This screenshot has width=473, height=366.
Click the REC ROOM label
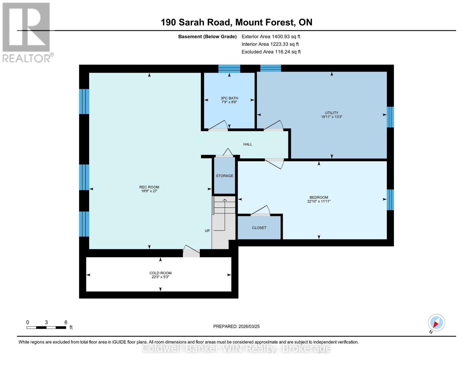149,187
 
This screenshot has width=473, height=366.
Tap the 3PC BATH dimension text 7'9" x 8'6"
229,102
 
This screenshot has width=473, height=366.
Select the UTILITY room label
332,113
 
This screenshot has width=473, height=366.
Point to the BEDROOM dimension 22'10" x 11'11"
319,201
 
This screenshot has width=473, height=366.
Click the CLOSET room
259,228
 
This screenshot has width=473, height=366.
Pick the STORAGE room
224,176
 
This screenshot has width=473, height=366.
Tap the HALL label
248,144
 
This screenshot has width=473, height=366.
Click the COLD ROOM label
160,273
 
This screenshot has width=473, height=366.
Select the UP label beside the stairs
207,231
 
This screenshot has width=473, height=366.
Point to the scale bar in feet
46,328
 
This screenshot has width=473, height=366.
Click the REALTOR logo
26,32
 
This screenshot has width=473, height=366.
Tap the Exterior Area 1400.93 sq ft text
271,37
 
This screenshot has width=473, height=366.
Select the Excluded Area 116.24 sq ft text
271,52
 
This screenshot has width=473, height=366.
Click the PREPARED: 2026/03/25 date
236,326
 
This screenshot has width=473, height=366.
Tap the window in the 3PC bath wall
229,69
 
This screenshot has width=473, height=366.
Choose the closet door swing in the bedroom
261,211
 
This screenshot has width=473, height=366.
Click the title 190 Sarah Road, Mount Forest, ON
236,22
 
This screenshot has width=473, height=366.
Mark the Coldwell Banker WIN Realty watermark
236,348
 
